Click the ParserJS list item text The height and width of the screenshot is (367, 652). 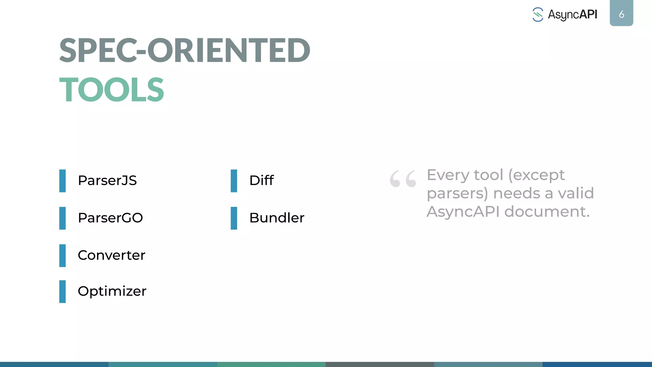[107, 181]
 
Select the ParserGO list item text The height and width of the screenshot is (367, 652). [110, 218]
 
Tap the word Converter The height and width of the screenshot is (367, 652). [111, 255]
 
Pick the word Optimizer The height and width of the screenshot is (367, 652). [112, 291]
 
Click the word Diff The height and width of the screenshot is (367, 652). [261, 181]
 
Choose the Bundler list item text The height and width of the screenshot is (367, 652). [277, 218]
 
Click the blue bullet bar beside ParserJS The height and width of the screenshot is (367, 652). [62, 181]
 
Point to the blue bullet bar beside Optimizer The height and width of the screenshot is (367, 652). [62, 291]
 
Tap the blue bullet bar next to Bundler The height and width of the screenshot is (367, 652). [234, 218]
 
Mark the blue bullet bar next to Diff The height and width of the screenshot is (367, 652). [234, 181]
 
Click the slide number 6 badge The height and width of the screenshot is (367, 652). [621, 14]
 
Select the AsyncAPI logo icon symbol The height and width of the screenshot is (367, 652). [538, 15]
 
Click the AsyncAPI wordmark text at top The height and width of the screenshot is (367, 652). [572, 15]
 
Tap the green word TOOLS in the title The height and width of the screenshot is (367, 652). [111, 90]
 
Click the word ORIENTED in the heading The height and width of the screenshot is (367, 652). [228, 51]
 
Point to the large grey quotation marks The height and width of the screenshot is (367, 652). [403, 179]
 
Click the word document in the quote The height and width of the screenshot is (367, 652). [547, 212]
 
